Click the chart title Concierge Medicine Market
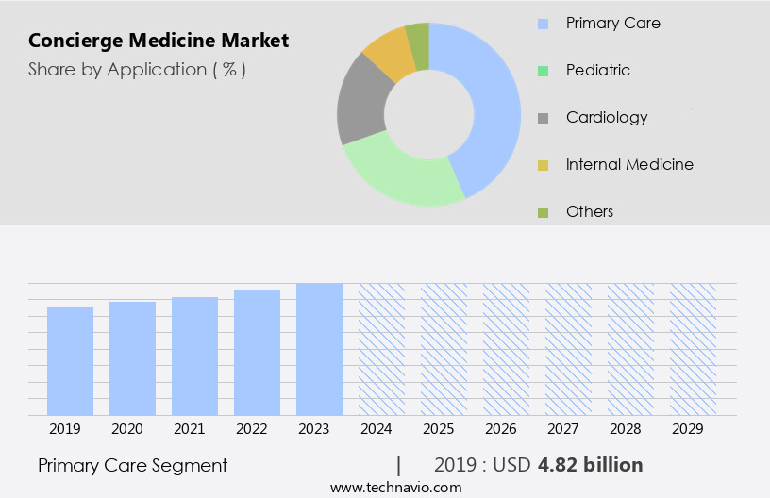pos(159,41)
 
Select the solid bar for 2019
pos(71,361)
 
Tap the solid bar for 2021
pos(195,356)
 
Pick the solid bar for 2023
pos(319,349)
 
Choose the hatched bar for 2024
pos(381,349)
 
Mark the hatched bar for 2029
pos(693,349)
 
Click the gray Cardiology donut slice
pos(360,104)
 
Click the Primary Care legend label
pos(613,23)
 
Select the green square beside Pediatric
pos(543,71)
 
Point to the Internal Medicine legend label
pos(629,164)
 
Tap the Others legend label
pos(590,211)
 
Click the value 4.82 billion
pos(591,465)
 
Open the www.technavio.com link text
pos(395,487)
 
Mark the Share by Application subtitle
pos(137,70)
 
